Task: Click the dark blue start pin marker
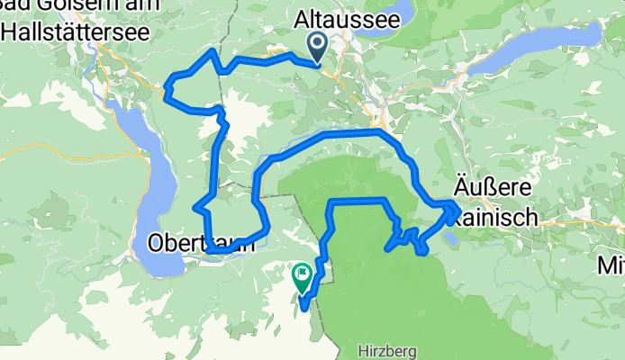click(x=319, y=47)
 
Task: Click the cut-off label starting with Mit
click(x=611, y=265)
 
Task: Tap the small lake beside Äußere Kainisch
click(x=450, y=237)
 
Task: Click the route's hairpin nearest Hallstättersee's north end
click(x=168, y=87)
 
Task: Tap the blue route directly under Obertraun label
click(x=216, y=252)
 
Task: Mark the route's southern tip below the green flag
click(x=305, y=309)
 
